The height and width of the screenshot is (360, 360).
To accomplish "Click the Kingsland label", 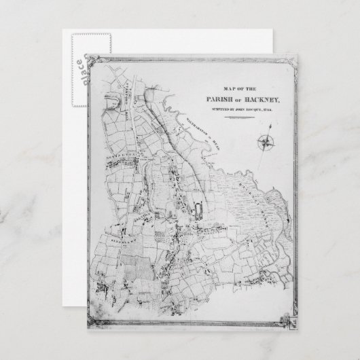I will click(x=123, y=240).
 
